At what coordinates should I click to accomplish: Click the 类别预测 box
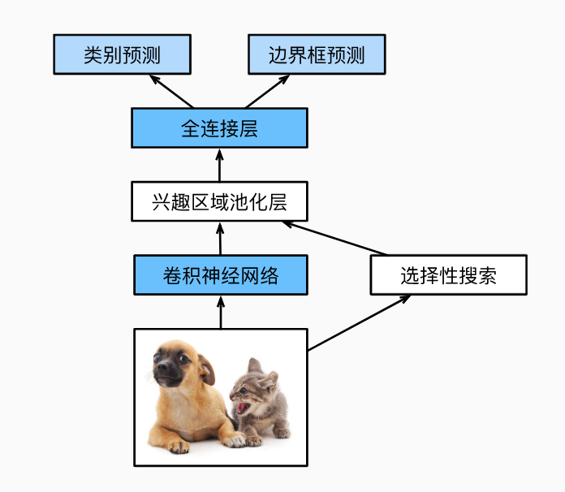click(122, 54)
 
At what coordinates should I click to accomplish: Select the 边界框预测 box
click(317, 54)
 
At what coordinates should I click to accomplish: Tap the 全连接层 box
click(219, 128)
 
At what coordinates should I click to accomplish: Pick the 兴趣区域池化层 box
click(219, 201)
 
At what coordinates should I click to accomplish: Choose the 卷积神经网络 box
click(221, 275)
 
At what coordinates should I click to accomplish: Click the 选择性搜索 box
click(449, 275)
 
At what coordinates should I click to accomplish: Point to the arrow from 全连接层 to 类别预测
click(171, 92)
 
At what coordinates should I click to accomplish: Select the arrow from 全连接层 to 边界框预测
click(267, 92)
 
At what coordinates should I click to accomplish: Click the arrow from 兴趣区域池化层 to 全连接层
click(219, 165)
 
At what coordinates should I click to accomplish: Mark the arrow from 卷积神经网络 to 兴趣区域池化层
click(220, 239)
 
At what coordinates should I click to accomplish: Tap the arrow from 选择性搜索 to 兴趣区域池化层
click(334, 239)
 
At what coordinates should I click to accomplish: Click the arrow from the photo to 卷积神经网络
click(221, 312)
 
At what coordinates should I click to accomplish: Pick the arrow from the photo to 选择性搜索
click(360, 322)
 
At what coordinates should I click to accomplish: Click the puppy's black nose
click(162, 367)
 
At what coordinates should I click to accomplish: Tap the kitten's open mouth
click(242, 408)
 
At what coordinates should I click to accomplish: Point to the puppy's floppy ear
click(206, 369)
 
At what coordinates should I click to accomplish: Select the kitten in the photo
click(260, 403)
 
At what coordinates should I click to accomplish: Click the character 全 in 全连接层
click(190, 128)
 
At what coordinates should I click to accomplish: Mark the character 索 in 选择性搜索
click(488, 276)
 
